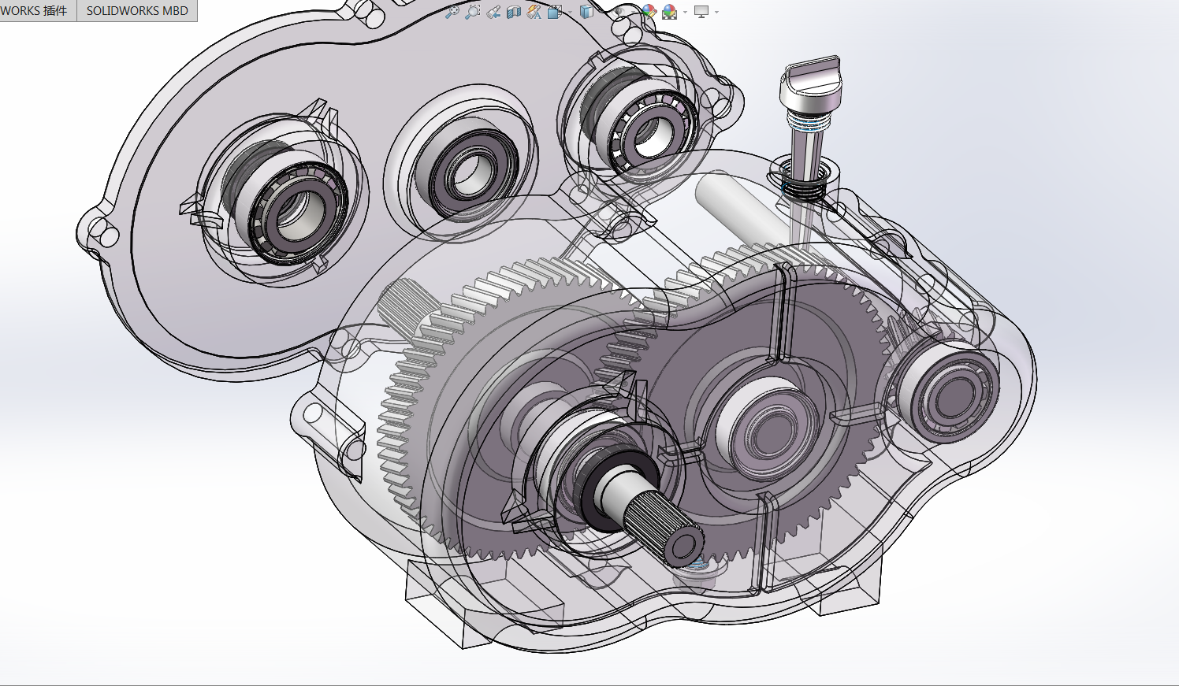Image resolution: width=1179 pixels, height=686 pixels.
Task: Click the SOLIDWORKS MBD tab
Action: coord(137,10)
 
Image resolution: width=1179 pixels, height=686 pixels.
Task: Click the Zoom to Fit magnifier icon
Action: coord(452,12)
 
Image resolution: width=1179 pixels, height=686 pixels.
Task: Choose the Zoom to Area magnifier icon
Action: coord(473,12)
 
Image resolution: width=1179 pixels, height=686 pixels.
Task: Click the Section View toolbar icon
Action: coord(514,12)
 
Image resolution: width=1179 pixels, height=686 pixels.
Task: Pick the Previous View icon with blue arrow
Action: coord(493,12)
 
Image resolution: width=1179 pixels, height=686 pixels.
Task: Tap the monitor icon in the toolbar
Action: coord(701,12)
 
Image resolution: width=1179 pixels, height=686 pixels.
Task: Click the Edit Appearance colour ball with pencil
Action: coord(649,12)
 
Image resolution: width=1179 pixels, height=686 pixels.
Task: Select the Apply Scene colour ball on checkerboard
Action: coord(670,12)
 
